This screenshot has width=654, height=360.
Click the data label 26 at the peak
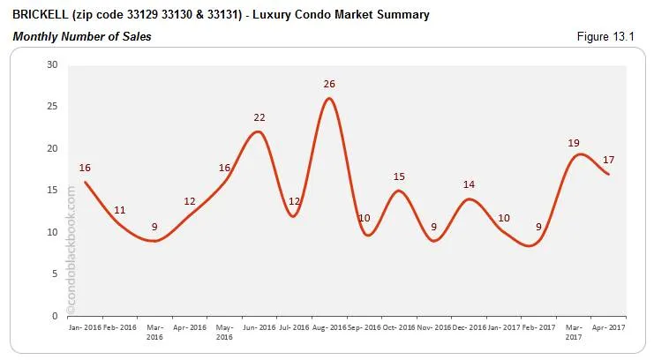(329, 85)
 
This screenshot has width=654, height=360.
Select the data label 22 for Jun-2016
(259, 117)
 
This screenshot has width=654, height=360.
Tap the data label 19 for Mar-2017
(574, 142)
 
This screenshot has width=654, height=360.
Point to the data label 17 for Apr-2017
(608, 160)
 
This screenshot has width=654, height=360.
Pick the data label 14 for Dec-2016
(469, 185)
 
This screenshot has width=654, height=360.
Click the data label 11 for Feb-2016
(119, 210)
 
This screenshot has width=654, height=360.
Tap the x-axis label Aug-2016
(328, 326)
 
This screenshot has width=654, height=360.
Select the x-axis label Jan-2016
(84, 326)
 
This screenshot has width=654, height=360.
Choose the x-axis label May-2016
(224, 331)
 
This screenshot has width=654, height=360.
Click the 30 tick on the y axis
(52, 64)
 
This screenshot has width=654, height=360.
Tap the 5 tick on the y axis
(55, 274)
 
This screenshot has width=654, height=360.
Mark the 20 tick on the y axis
(52, 148)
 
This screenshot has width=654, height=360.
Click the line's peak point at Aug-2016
(329, 98)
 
